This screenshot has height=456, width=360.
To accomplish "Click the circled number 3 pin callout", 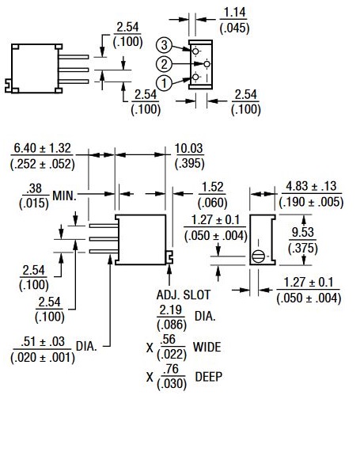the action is [164, 45].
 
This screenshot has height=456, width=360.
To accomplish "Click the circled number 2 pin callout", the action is [164, 64].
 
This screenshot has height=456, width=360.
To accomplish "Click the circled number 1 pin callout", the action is [164, 83].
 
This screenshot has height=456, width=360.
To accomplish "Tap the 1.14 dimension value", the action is [234, 13].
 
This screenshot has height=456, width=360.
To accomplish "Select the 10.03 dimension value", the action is [189, 148].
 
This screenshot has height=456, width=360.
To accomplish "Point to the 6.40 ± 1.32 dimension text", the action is [43, 148].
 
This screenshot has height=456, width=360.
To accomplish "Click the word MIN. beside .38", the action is [64, 196].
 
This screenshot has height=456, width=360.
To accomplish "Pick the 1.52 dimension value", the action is [212, 187].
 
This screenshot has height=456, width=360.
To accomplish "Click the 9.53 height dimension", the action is [303, 232].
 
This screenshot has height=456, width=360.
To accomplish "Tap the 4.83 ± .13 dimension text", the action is [311, 186].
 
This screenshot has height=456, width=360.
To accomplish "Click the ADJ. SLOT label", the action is [183, 294].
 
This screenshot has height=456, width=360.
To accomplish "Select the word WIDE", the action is [207, 347].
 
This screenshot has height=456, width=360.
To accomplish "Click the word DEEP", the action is [209, 377].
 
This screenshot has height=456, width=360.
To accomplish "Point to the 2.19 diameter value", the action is [171, 310].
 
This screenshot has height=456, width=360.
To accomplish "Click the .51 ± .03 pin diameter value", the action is [43, 341].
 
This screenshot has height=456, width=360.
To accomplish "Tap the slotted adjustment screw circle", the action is [258, 256].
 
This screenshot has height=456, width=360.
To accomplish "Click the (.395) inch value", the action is [189, 163].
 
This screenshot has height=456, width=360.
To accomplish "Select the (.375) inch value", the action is [303, 248].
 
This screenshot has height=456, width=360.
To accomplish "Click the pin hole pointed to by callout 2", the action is [207, 64].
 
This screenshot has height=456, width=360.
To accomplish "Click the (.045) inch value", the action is [234, 28].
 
